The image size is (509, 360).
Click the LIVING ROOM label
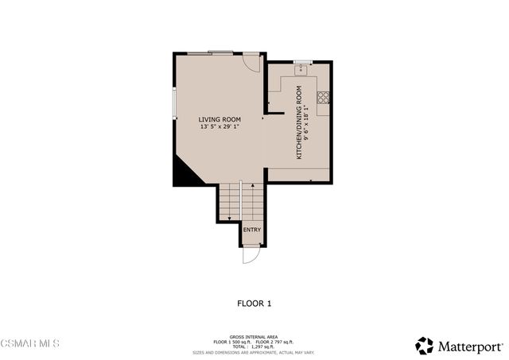tap(220, 119)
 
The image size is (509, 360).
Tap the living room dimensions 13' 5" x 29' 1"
tap(220, 126)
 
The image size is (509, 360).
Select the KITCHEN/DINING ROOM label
tap(299, 122)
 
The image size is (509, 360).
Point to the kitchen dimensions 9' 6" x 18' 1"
tap(307, 122)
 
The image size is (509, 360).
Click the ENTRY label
tap(251, 230)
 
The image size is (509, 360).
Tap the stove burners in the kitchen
tap(324, 98)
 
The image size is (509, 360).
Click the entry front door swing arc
tap(251, 256)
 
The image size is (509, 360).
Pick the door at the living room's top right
tap(252, 63)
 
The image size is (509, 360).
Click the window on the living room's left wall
tap(175, 104)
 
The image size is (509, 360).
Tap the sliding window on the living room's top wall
tap(211, 53)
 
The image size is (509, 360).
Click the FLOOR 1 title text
tap(254, 303)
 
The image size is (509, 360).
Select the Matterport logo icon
tap(425, 345)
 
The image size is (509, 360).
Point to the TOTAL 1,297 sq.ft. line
tap(254, 347)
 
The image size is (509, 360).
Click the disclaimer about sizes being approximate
tap(254, 352)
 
